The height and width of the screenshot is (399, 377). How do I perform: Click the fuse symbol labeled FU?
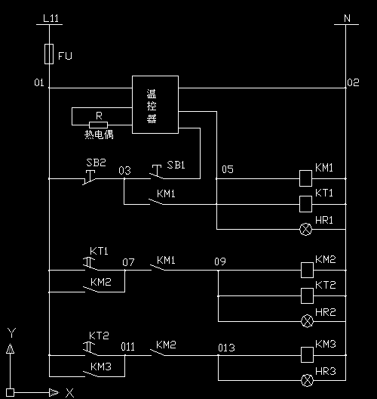tap(49, 54)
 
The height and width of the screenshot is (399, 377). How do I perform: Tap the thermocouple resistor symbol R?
tap(98, 125)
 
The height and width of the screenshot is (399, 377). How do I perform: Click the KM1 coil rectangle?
tap(305, 178)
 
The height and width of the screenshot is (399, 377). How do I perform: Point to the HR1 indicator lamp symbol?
tap(305, 229)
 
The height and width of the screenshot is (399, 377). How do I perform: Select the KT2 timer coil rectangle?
tap(307, 295)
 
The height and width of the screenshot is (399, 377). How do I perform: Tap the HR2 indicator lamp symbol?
tap(307, 321)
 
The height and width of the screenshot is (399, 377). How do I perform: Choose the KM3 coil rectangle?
tap(307, 354)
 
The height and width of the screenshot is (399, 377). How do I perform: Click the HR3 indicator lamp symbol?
tap(307, 380)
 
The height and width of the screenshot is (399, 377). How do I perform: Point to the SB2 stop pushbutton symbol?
tap(90, 178)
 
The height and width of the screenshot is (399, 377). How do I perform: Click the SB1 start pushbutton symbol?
tap(157, 172)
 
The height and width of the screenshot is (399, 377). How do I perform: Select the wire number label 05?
tap(228, 169)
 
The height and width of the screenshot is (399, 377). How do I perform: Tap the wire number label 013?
tap(226, 348)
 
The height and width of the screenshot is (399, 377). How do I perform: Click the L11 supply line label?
tap(51, 18)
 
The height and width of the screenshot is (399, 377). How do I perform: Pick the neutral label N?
tap(347, 18)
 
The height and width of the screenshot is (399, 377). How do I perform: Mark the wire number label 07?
tap(128, 262)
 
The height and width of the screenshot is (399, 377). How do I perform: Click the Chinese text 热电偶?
tap(99, 135)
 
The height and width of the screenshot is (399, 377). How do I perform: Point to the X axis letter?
tap(70, 393)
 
